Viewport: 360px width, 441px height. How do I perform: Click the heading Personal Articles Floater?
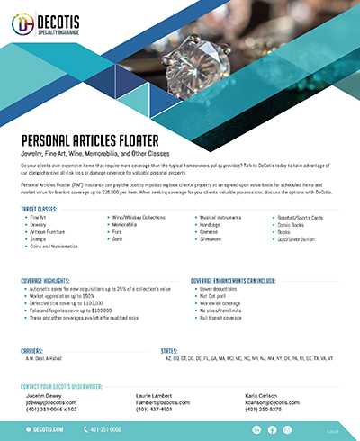coord(89,142)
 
